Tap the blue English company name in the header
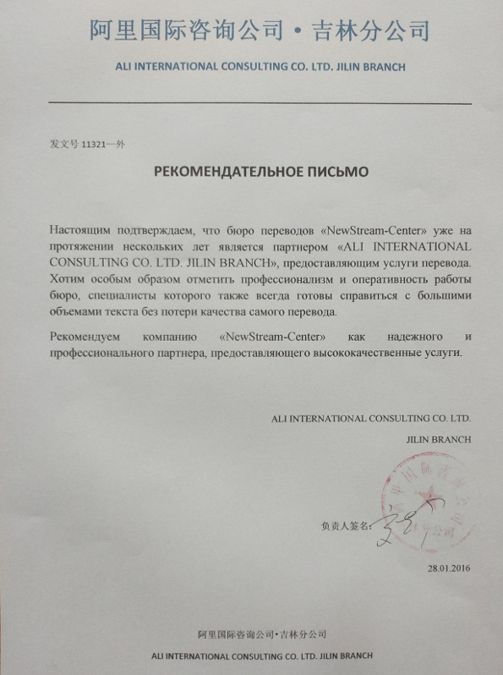point(259,66)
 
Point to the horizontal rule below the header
point(260,103)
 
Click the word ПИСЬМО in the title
point(332,172)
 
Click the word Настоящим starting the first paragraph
point(82,230)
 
